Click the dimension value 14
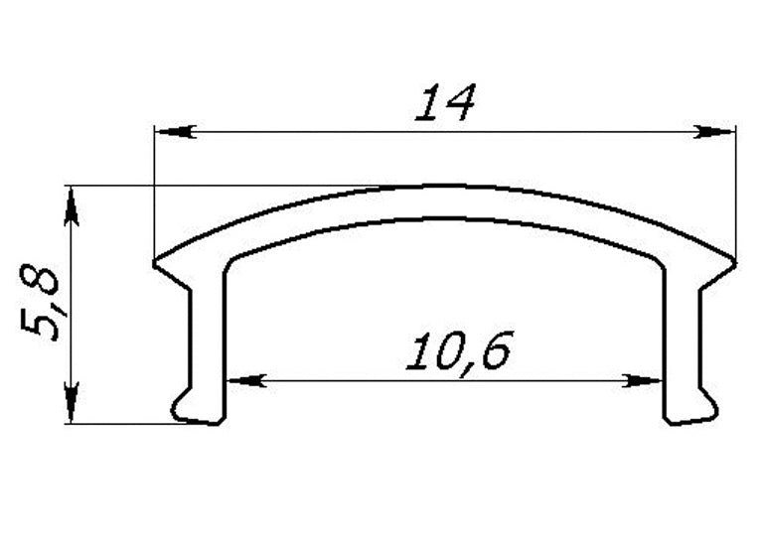click(x=446, y=102)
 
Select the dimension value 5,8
click(x=43, y=304)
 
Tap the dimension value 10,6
click(x=458, y=351)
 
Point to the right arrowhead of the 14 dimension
click(x=717, y=131)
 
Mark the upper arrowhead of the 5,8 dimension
click(x=71, y=203)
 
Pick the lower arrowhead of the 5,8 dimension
click(x=71, y=406)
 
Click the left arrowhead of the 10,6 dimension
click(x=242, y=379)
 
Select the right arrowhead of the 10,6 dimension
click(x=646, y=379)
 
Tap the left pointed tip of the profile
click(x=157, y=263)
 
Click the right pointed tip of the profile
click(x=733, y=263)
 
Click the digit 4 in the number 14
click(x=462, y=102)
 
